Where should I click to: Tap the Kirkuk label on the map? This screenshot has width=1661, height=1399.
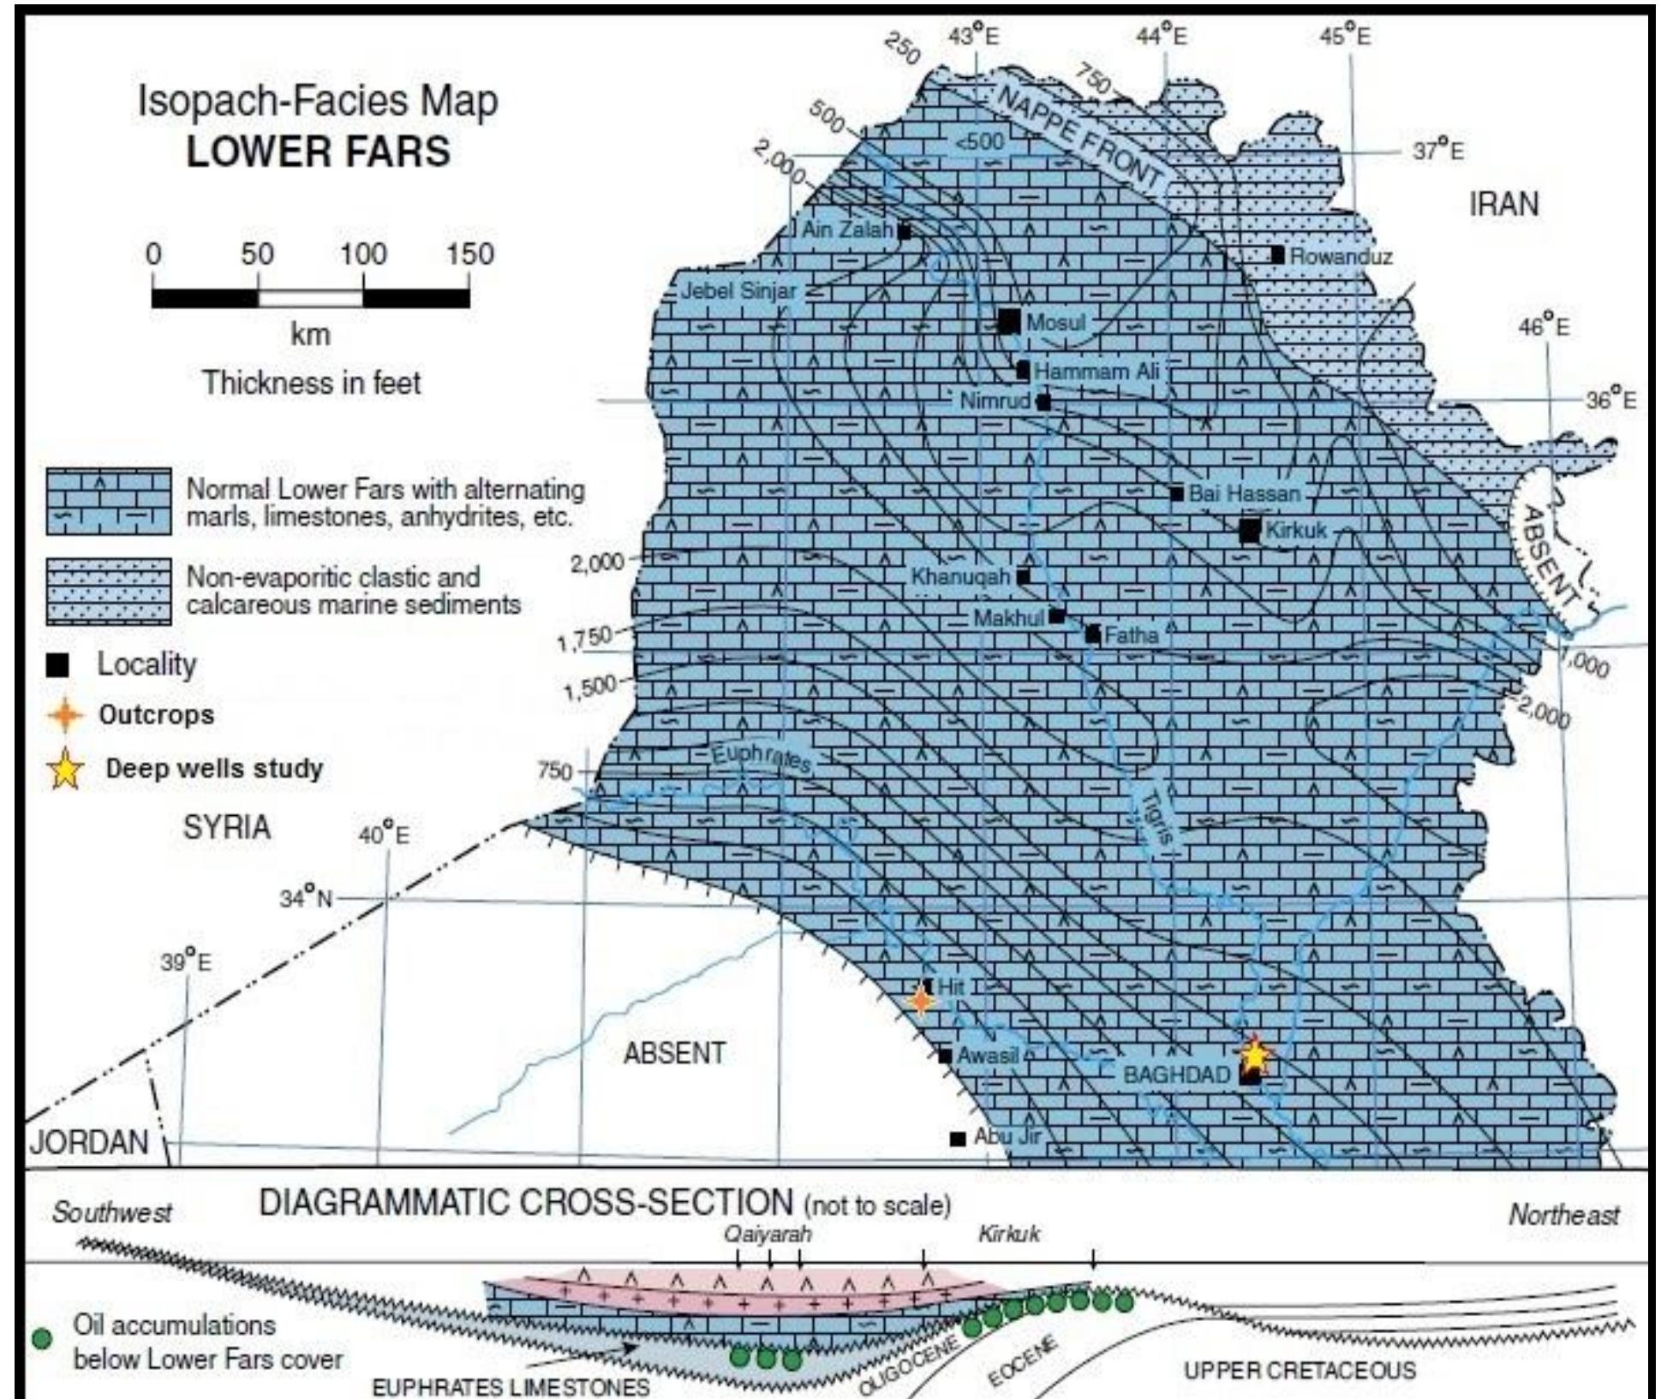(1295, 531)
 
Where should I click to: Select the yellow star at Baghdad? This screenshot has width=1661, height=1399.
(1254, 1055)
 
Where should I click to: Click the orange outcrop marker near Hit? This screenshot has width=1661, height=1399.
(921, 999)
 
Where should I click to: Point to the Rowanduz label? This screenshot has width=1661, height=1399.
(1341, 256)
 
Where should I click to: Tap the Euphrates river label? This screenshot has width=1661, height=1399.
(761, 758)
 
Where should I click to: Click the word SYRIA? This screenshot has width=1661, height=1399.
(227, 828)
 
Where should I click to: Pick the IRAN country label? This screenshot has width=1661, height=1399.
(1503, 205)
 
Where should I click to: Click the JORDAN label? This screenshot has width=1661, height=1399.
(89, 1141)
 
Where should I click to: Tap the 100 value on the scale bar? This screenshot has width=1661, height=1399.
(363, 254)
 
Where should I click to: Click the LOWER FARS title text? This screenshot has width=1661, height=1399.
(318, 152)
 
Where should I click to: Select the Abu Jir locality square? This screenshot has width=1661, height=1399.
(958, 1139)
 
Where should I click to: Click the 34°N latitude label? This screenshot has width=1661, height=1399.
(307, 898)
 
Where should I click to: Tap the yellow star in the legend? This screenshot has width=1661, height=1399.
(66, 769)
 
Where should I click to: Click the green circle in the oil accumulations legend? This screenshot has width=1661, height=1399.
(41, 1339)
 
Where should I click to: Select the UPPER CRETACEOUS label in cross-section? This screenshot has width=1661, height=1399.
(1300, 1371)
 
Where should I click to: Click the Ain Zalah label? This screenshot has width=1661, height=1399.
(847, 229)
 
